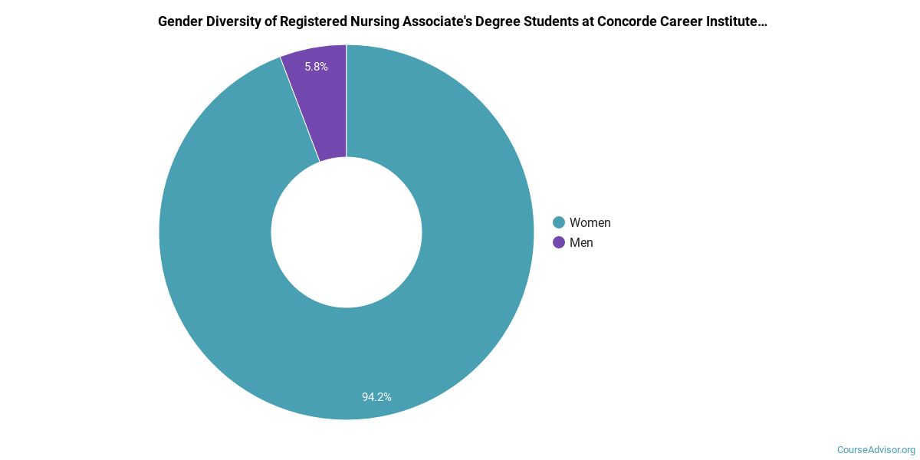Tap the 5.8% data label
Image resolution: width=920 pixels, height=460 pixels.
click(x=316, y=67)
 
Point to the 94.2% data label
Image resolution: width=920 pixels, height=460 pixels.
click(x=376, y=397)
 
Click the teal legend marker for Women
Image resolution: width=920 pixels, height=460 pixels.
click(x=559, y=222)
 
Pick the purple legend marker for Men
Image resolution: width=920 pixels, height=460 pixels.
click(x=559, y=242)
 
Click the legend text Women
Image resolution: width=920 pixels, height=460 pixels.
click(x=590, y=222)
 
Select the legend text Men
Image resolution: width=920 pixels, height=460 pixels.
click(x=581, y=242)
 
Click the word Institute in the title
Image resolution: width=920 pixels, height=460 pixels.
click(x=741, y=21)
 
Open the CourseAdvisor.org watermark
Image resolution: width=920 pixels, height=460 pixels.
click(x=876, y=449)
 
